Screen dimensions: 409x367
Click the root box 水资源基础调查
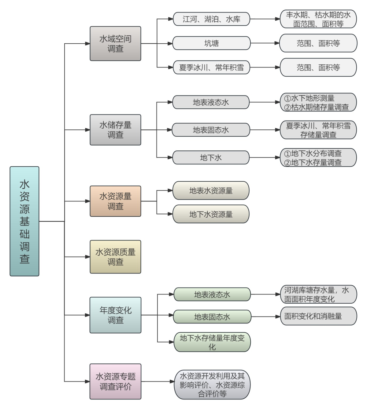coord(24,221)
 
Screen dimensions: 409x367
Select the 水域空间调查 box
coord(115,44)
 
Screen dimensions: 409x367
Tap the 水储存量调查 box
coord(115,130)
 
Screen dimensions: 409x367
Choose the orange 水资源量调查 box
coord(115,201)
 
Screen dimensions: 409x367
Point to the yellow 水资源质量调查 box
coord(115,257)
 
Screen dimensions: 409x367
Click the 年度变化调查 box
coord(115,315)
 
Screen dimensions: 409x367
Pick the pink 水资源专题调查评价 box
coord(115,382)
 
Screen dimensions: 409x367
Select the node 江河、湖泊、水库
coord(211,19)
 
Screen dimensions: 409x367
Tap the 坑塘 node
coord(211,43)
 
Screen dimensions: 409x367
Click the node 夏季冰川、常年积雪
coord(211,67)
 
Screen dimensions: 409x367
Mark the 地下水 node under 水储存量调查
coord(211,157)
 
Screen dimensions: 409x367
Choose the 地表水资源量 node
coord(211,190)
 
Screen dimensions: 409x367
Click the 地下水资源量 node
coord(211,214)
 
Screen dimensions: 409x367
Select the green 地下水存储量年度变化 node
coord(212,342)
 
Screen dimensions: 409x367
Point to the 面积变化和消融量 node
coord(318,316)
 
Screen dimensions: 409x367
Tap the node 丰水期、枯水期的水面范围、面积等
coord(318,19)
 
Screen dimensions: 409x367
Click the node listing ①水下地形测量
coord(318,102)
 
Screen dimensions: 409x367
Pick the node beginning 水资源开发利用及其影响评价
coord(212,385)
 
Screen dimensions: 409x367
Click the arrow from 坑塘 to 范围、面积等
coord(265,43)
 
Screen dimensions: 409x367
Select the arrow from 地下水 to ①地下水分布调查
coord(265,157)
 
